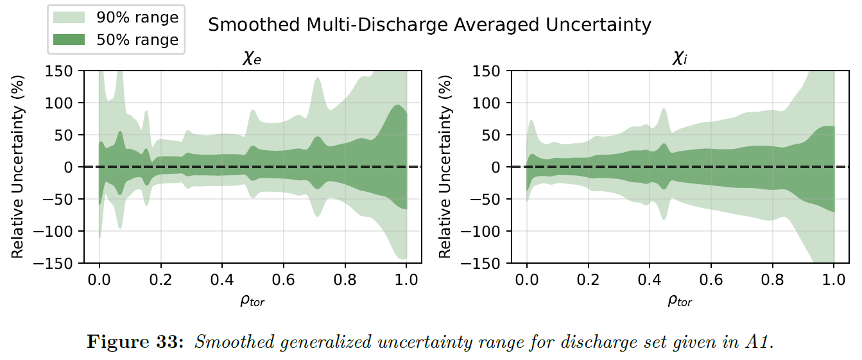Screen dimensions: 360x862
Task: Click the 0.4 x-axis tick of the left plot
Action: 221,280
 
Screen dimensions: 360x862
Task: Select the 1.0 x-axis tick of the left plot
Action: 406,280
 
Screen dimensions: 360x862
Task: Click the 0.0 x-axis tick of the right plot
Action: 526,280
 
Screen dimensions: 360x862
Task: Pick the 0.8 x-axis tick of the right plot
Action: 772,280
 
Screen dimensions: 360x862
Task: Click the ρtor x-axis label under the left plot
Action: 252,301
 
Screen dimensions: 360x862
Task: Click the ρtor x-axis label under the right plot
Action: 680,301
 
